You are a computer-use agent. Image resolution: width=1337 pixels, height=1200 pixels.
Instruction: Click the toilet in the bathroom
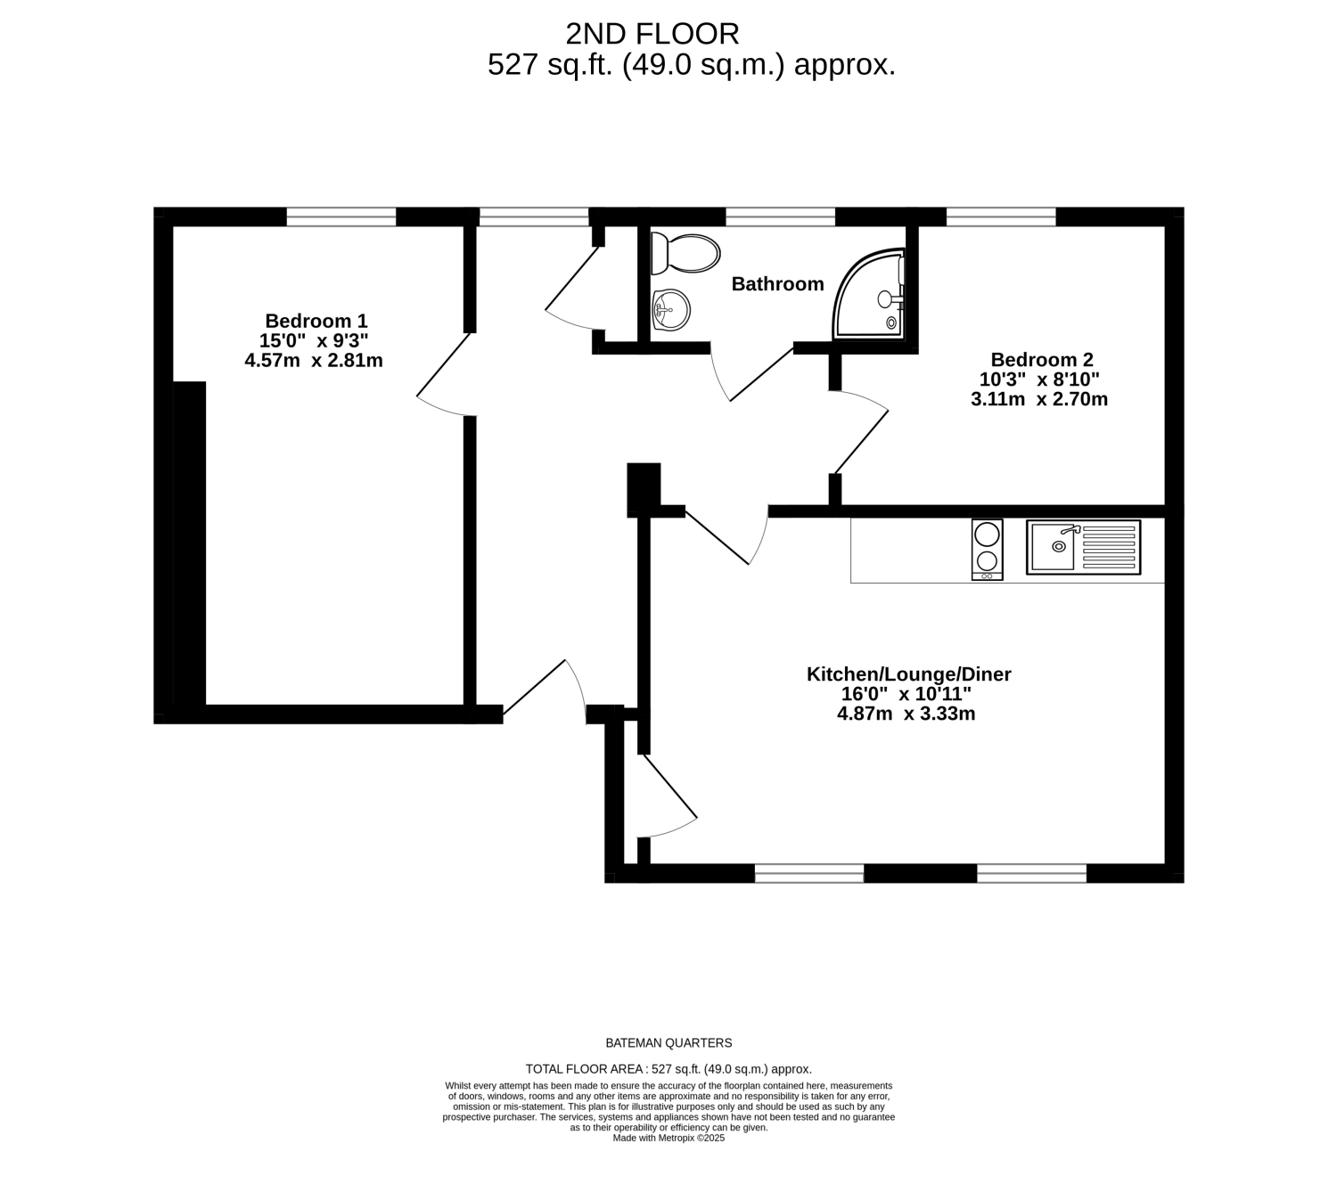[685, 253]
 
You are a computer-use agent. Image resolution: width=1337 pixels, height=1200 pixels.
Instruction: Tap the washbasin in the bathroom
[670, 309]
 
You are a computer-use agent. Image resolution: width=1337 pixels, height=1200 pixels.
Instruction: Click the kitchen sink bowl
[1054, 545]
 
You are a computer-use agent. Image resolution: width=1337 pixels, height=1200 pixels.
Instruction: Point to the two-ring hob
[987, 550]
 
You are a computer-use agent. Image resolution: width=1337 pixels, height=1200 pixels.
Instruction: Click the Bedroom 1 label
[316, 322]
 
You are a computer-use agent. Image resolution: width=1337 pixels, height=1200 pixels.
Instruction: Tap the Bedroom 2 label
[1042, 360]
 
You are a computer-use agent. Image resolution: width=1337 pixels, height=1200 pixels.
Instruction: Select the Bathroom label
[777, 283]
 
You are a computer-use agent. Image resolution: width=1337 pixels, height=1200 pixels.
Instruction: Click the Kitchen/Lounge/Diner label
[908, 674]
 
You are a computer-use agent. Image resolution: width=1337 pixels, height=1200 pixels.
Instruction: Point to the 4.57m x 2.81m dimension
[314, 361]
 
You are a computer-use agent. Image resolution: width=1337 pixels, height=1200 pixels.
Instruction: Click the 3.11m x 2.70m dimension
[1039, 399]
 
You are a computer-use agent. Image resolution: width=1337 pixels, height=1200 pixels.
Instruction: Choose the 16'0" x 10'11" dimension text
[906, 694]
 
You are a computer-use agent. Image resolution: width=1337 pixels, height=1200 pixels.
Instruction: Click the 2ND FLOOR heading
[652, 35]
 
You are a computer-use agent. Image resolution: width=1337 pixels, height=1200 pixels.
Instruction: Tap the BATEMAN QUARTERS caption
[668, 1043]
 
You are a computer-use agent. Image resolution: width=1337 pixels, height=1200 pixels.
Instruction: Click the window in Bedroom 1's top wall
[341, 216]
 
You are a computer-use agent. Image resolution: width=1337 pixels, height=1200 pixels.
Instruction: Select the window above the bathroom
[781, 216]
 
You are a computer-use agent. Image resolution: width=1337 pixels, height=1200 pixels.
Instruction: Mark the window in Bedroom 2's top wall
[1001, 216]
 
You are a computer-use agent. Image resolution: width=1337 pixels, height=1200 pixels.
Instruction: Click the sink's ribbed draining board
[1109, 547]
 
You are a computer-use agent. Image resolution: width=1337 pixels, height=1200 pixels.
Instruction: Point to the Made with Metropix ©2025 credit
[668, 1138]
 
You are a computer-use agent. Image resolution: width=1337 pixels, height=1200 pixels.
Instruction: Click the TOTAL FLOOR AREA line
[668, 1069]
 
